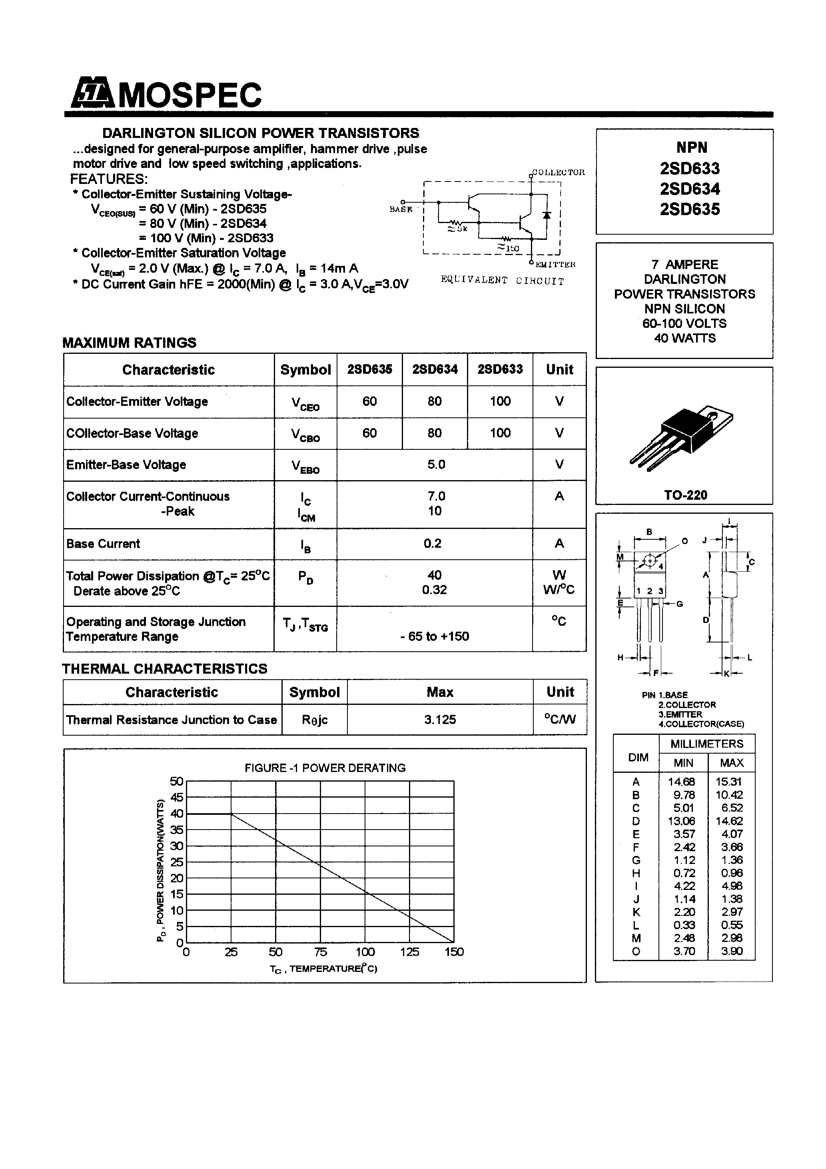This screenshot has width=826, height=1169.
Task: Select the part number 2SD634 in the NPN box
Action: [690, 189]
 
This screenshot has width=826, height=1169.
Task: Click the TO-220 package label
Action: [685, 495]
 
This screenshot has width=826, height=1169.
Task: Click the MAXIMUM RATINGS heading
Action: [130, 343]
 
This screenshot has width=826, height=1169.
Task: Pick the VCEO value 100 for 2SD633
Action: [500, 401]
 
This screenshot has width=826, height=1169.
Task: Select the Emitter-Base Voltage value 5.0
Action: [436, 464]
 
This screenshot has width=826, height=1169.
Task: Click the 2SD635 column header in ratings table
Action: [370, 370]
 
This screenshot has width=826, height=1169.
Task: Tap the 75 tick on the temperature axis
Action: [320, 952]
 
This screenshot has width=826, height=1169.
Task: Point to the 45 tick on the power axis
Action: [176, 797]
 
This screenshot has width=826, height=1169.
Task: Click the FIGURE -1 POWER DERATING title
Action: [325, 768]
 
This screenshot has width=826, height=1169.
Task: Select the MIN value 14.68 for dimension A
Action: [682, 782]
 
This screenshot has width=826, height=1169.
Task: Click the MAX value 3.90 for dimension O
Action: [732, 951]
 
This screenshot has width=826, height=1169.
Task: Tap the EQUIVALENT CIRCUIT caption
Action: [502, 281]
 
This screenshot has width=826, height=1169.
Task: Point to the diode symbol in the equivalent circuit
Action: [547, 215]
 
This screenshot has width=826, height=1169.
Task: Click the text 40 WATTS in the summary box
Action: [684, 338]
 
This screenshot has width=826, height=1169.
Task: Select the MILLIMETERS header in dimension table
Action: [707, 744]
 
